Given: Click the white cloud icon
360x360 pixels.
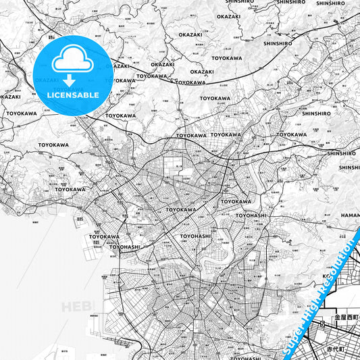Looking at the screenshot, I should pyautogui.click(x=72, y=61).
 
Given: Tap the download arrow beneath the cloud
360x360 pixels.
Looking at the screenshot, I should pyautogui.click(x=72, y=80).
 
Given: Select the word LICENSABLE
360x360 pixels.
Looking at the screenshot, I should pyautogui.click(x=73, y=95).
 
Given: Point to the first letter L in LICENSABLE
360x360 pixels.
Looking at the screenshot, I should pyautogui.click(x=49, y=95).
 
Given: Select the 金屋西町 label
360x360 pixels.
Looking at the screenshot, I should pyautogui.click(x=344, y=316).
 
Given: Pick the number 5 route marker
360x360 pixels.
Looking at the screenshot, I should pyautogui.click(x=324, y=324).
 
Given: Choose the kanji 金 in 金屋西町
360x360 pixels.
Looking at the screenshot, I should pyautogui.click(x=336, y=316).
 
